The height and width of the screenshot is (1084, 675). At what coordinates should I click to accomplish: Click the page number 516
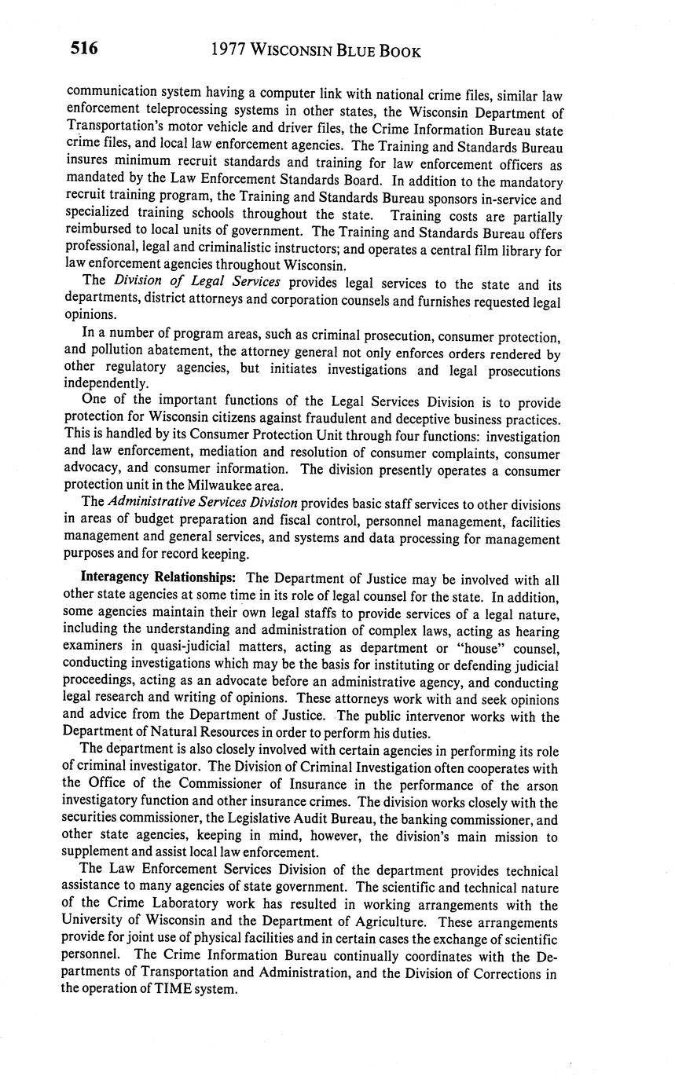pos(84,49)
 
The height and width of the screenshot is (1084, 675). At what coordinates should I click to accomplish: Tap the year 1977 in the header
pos(230,51)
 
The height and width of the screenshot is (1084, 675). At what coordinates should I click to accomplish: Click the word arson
pos(542,785)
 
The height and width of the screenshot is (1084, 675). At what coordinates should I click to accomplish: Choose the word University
pos(94,921)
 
